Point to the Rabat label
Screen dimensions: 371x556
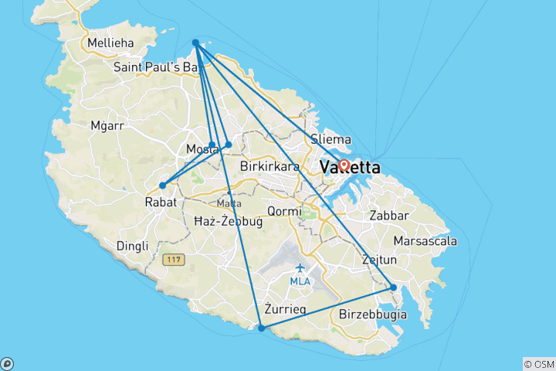pos(161,202)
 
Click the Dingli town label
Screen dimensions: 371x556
pos(131,246)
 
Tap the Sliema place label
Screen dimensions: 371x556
pos(331,140)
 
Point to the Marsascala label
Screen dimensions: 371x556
pos(425,241)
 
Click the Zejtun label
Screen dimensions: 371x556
pos(379,260)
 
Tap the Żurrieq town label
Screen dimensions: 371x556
pos(285,309)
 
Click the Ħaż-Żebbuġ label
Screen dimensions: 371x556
pos(229,221)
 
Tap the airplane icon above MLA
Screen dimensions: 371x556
pos(300,267)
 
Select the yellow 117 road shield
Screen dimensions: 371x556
pos(171,261)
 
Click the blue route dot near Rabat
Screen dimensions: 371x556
pos(162,185)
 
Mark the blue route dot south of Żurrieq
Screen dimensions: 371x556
pos(262,328)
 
